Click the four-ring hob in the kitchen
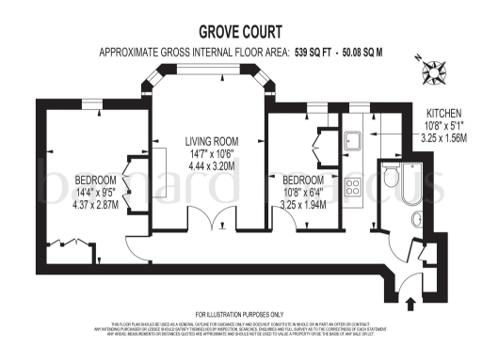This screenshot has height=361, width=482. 355,183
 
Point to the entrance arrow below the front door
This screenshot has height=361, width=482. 409,303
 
